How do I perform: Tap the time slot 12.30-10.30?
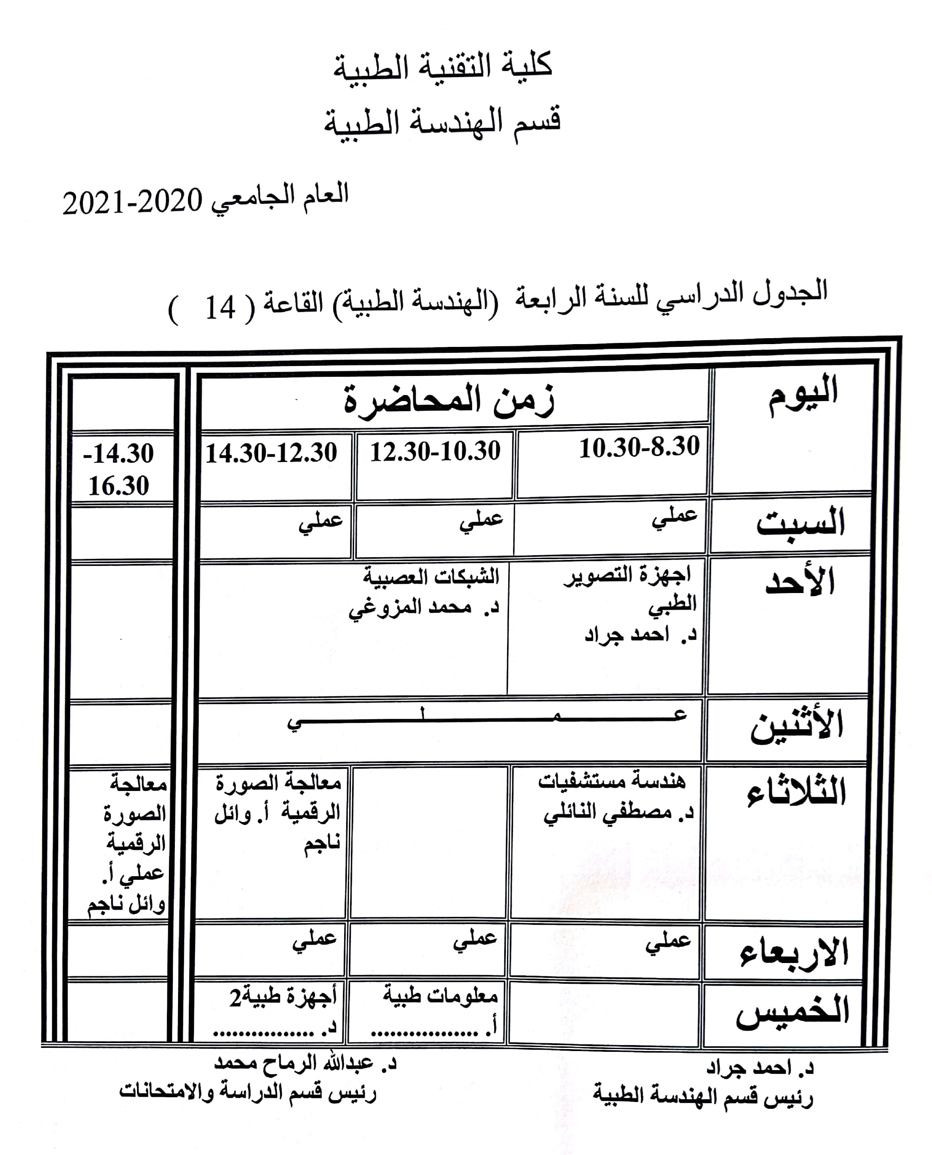pyautogui.click(x=435, y=451)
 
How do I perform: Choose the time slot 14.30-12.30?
pyautogui.click(x=271, y=453)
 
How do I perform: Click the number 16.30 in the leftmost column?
pyautogui.click(x=119, y=486)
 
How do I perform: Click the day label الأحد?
pyautogui.click(x=799, y=582)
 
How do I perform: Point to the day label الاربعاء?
pyautogui.click(x=793, y=953)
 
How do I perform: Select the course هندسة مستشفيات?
pyautogui.click(x=612, y=781)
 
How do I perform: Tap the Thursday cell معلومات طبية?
pyautogui.click(x=440, y=996)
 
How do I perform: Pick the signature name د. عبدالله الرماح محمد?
pyautogui.click(x=305, y=1063)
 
